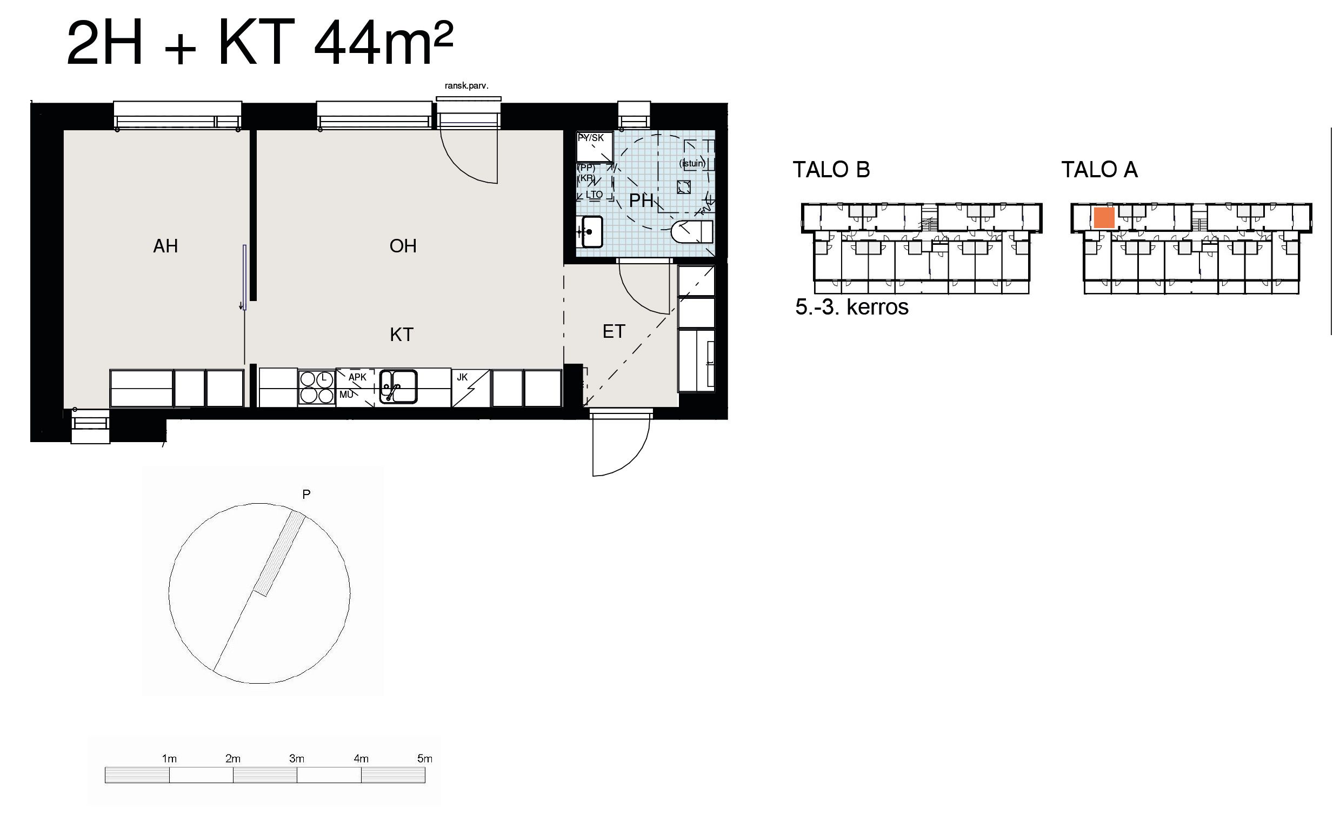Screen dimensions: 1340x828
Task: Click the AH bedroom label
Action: point(165,246)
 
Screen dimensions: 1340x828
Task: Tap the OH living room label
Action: point(403,246)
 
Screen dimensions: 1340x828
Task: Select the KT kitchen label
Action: point(402,335)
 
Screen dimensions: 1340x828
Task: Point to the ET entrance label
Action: point(614,331)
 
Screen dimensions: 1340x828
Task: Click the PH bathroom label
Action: point(641,201)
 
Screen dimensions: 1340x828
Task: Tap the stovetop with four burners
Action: point(317,388)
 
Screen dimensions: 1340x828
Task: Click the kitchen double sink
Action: point(399,386)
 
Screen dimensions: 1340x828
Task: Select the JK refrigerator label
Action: point(462,377)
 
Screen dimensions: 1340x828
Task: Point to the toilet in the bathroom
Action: point(692,231)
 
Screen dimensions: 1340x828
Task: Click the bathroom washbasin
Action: point(591,232)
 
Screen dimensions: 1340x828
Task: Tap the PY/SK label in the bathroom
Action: point(591,138)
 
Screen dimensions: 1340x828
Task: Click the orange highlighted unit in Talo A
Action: point(1104,218)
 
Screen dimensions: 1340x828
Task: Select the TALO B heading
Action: point(831,170)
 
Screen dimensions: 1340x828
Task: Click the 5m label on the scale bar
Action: point(425,758)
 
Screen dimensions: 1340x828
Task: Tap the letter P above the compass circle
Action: point(306,494)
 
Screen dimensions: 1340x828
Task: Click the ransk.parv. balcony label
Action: point(466,86)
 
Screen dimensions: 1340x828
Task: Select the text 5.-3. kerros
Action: point(851,307)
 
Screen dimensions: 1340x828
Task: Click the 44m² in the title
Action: point(384,43)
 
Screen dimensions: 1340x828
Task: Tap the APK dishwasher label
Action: point(358,377)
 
